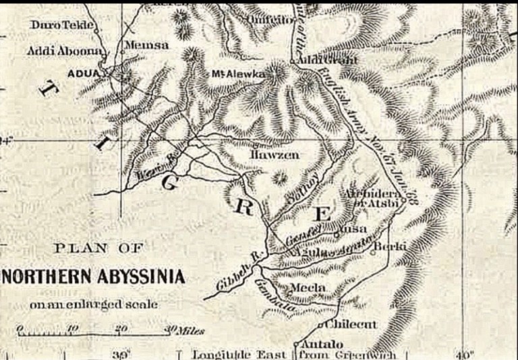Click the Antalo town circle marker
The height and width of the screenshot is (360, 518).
coord(296,344)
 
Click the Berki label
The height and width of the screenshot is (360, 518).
coord(389,246)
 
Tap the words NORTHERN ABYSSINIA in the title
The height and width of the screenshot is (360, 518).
coord(94,277)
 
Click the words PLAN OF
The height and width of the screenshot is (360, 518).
coord(98,248)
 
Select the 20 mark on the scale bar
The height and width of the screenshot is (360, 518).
coord(121,328)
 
